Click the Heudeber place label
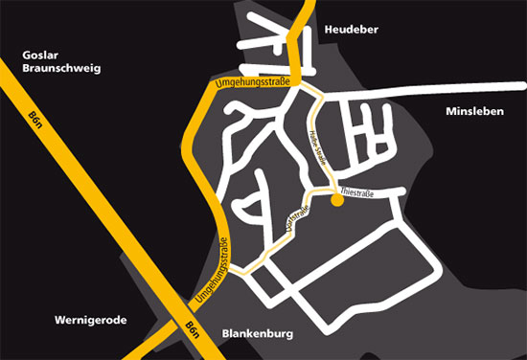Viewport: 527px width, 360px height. (x=353, y=30)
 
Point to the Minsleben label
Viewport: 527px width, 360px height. (x=474, y=112)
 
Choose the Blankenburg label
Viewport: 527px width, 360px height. (x=256, y=334)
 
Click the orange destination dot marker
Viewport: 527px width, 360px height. (x=336, y=201)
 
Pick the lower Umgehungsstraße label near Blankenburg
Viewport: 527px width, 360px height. (x=212, y=273)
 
